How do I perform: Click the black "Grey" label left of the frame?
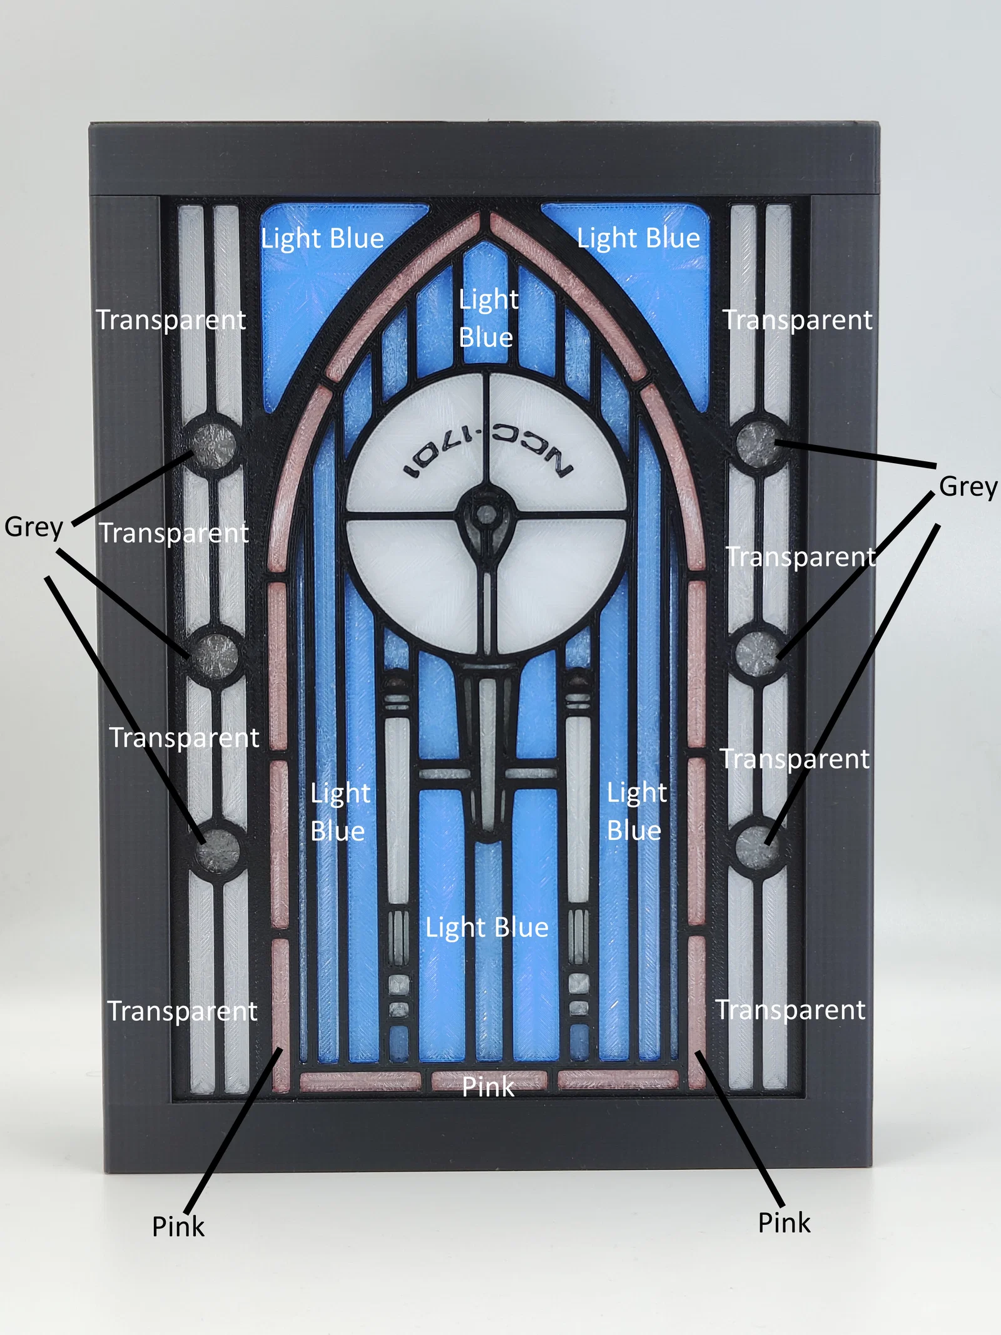pos(34,528)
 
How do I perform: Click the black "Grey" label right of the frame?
pos(968,487)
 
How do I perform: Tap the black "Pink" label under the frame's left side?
pos(178,1226)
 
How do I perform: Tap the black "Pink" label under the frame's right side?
pos(784,1222)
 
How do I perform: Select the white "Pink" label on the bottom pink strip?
pos(488,1087)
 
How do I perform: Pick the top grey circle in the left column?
pos(213,445)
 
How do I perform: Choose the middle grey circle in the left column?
pos(215,654)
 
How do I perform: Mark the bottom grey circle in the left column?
pos(218,849)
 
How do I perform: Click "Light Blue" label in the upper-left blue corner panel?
pos(322,239)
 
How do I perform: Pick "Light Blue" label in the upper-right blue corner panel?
pos(638,238)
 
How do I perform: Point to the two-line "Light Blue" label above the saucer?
pos(488,318)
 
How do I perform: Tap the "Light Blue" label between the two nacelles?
pos(487,928)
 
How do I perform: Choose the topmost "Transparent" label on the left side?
pos(171,320)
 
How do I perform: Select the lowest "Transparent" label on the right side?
pos(791,1010)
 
